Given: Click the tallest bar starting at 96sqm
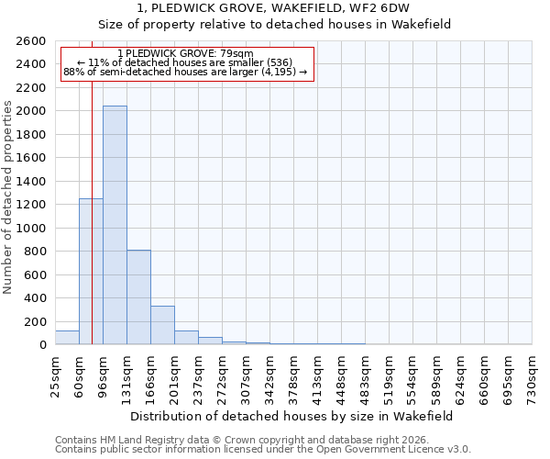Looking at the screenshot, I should (115, 225).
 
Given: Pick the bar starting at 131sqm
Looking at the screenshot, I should (138, 297).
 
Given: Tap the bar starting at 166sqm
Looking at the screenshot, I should (162, 325).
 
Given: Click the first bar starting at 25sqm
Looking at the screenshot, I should (67, 338).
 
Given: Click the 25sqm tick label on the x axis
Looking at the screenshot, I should (56, 376).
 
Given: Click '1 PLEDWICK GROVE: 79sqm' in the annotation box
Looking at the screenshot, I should (186, 54).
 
